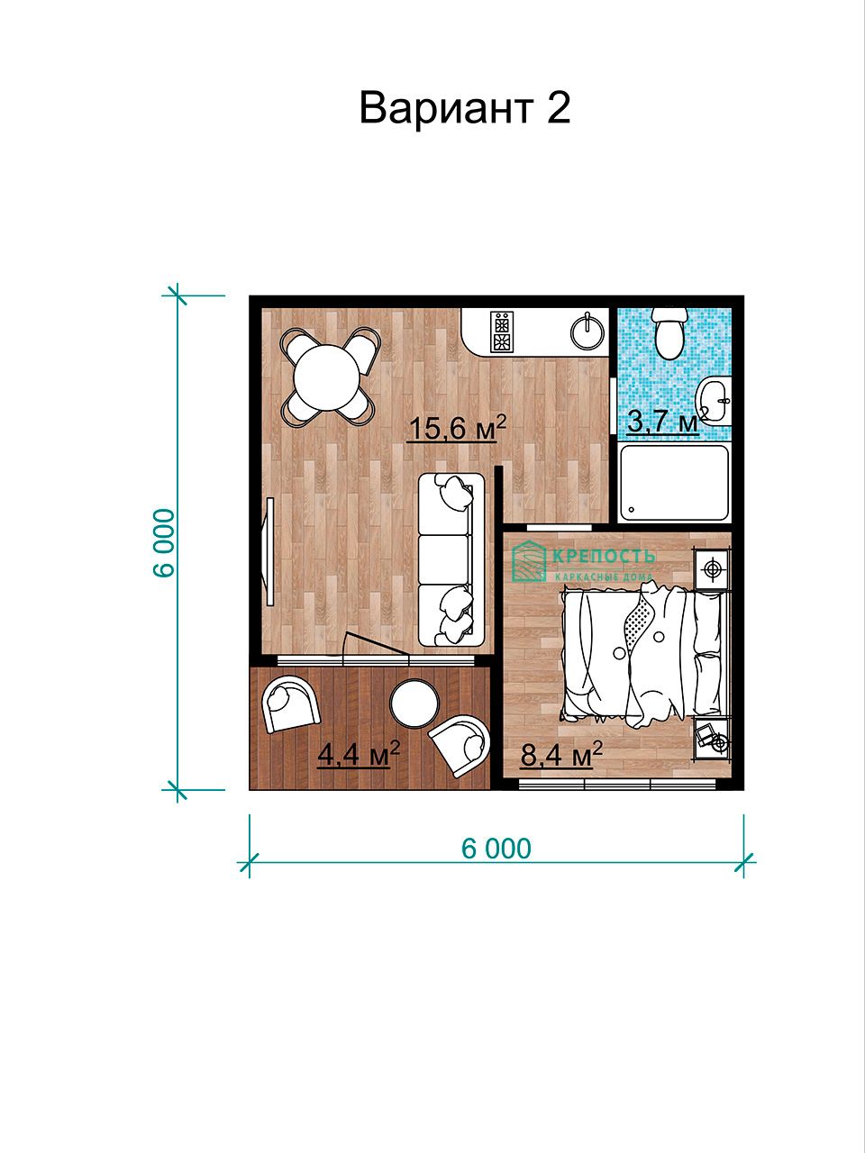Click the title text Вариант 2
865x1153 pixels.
pos(465,108)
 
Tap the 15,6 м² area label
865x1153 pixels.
pos(457,427)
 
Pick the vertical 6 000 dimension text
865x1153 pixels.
pos(163,543)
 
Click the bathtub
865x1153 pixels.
pos(674,483)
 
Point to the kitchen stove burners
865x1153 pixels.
pos(500,331)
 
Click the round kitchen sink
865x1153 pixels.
pos(587,331)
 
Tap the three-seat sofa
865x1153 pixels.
pos(451,560)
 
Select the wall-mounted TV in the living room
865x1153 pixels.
pos(270,551)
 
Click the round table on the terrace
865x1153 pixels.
pos(414,704)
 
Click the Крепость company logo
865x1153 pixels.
pos(584,561)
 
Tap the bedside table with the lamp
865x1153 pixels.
pos(712,569)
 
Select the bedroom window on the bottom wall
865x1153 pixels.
pos(617,784)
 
